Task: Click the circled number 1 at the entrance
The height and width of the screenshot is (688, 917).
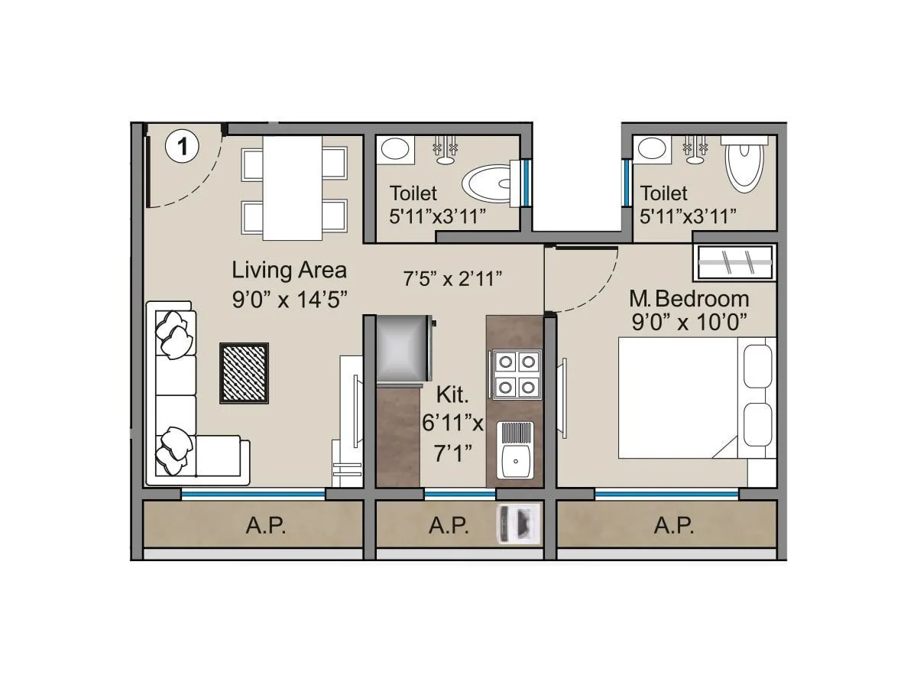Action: point(182,145)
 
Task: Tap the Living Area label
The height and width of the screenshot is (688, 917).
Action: point(289,270)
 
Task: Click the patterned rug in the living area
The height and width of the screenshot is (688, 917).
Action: point(245,372)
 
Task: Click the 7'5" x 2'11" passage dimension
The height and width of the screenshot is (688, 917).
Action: point(452,279)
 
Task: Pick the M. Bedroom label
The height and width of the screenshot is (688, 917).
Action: point(689,298)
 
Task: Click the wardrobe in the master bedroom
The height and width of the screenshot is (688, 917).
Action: point(734,262)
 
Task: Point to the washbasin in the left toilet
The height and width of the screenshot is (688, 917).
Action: point(394,148)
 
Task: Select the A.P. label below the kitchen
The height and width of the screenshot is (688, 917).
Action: point(448,526)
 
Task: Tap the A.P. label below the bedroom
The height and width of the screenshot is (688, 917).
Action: point(674,526)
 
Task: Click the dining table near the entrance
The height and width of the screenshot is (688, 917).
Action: point(293,187)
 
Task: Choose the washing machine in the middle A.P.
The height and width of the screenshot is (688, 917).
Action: point(519,524)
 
